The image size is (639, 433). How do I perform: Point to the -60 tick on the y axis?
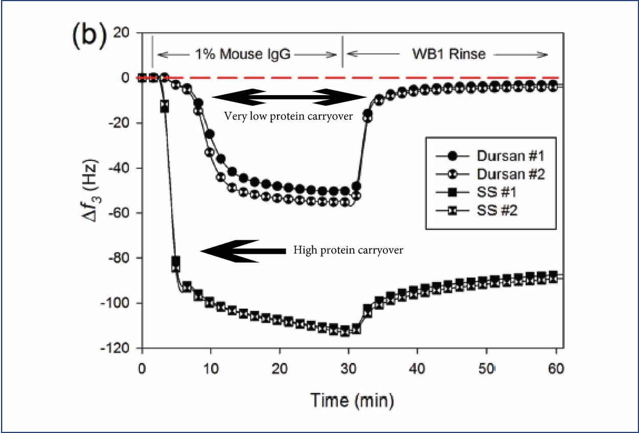[x=122, y=213]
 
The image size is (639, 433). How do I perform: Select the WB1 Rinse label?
[x=448, y=54]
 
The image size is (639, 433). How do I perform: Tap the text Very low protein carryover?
[x=288, y=116]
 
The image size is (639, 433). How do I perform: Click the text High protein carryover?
[x=348, y=250]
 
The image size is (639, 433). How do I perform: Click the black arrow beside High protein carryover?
[x=242, y=250]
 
